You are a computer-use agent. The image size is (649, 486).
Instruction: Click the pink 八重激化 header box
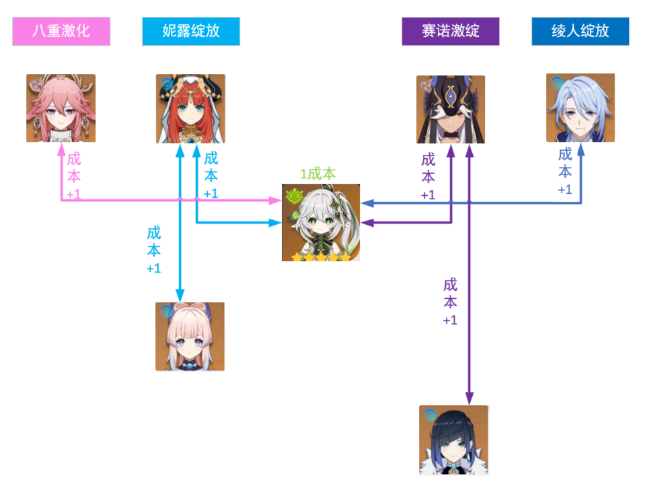coord(61,31)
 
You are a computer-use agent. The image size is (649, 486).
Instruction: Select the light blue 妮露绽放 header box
coord(191,31)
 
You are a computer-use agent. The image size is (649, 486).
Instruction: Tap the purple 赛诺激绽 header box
coord(451,32)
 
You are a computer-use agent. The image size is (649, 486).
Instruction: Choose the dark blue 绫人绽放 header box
coord(580,31)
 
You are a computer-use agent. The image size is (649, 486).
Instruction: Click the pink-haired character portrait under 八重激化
coord(61,108)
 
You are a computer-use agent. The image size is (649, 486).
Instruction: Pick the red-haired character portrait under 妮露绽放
coord(191,109)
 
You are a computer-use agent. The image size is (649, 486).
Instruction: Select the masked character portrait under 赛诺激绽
coord(451,109)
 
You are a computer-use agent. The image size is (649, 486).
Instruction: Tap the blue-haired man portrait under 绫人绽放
coord(580,108)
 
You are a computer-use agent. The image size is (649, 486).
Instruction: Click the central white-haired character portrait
coord(321,223)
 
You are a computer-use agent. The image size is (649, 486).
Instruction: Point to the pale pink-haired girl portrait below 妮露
coord(190,337)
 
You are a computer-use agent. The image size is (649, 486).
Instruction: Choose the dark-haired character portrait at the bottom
coord(453,440)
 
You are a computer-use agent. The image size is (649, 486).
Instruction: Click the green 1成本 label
coord(318,174)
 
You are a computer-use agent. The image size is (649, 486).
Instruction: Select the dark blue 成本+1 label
coord(565,172)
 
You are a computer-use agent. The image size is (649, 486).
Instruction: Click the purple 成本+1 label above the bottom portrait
coord(450,302)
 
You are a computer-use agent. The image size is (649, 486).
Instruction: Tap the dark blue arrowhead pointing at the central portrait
coord(367,203)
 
